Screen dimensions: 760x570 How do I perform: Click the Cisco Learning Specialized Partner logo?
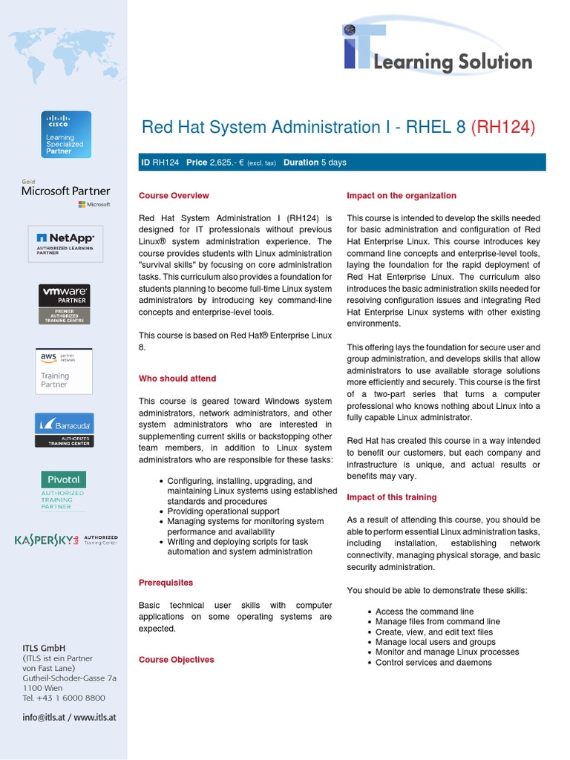(66, 134)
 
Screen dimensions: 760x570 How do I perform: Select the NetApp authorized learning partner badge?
(66, 243)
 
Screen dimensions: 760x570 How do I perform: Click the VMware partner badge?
(65, 304)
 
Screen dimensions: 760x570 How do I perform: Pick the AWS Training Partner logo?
(64, 370)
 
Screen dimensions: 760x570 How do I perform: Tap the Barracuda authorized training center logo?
(65, 430)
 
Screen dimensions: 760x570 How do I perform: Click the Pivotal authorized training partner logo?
(63, 491)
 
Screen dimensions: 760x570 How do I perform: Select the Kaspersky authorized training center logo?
(66, 540)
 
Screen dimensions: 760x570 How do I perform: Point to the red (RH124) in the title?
(503, 127)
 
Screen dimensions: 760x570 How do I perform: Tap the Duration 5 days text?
(315, 163)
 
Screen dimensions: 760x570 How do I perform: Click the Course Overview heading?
(174, 196)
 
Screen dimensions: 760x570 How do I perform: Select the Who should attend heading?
(177, 379)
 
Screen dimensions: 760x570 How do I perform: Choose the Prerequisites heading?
(166, 583)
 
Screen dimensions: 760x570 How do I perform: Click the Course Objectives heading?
(176, 660)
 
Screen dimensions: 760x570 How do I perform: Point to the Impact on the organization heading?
(402, 196)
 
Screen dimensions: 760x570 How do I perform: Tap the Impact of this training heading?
(392, 497)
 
